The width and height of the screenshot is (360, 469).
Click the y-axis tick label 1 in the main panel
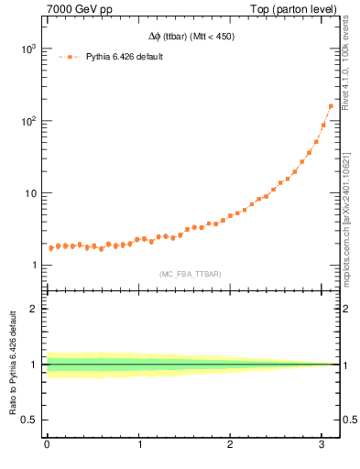(35, 266)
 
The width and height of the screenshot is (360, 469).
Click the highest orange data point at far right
(331, 106)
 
